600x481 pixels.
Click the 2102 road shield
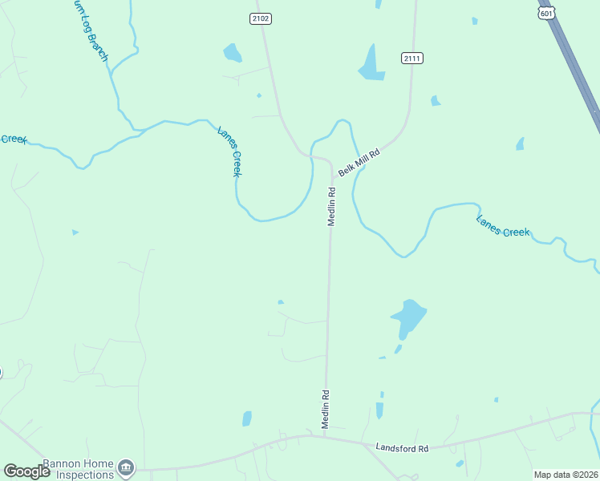click(259, 18)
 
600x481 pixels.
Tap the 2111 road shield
click(412, 58)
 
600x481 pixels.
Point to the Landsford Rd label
click(403, 447)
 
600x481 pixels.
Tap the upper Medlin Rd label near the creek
click(330, 206)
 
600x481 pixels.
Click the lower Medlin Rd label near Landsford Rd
click(326, 410)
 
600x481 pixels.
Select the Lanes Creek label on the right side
click(503, 226)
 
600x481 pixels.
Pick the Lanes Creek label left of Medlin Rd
click(229, 151)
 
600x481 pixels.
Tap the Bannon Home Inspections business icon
click(125, 467)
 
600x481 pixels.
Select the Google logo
click(27, 471)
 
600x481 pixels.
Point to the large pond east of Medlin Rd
click(408, 317)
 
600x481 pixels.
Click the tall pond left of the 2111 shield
click(371, 64)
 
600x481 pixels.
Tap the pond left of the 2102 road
click(232, 54)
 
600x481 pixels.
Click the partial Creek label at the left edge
click(13, 139)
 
